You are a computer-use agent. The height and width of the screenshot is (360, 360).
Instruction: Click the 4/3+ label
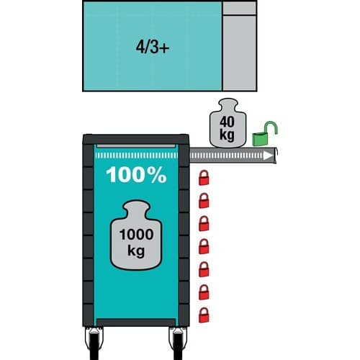coord(153,47)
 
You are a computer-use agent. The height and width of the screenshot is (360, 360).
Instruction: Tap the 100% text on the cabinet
coord(136,175)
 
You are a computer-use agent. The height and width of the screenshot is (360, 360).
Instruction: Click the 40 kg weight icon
coord(228,123)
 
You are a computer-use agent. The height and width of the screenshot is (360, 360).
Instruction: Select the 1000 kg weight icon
coord(136,235)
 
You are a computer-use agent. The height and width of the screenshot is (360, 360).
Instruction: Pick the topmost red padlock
coord(204,178)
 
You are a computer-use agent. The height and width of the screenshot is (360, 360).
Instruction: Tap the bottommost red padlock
coord(204,315)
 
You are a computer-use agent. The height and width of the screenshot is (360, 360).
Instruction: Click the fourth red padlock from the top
coord(204,246)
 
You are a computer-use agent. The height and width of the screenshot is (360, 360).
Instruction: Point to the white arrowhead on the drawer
coord(268,156)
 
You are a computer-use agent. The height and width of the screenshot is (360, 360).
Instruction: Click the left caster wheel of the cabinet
coord(94,343)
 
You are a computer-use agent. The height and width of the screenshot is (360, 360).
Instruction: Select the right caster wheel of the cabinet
coord(178,343)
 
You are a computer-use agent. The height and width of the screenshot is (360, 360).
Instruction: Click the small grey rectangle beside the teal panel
coord(239,8)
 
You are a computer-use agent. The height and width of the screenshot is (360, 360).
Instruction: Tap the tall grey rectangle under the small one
coord(239,53)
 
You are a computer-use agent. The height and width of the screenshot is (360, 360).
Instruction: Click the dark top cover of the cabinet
coord(136,140)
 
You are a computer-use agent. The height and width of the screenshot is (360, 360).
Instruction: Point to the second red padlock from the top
coord(204,201)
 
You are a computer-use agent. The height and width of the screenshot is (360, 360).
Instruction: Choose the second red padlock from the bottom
coord(204,292)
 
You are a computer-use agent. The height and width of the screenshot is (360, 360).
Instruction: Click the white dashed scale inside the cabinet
coord(136,156)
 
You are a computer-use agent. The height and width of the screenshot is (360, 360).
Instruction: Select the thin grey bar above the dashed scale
coord(136,146)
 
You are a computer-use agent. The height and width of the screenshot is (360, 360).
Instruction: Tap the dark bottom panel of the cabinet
coord(136,323)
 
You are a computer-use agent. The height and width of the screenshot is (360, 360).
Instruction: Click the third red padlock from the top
coord(204,223)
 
